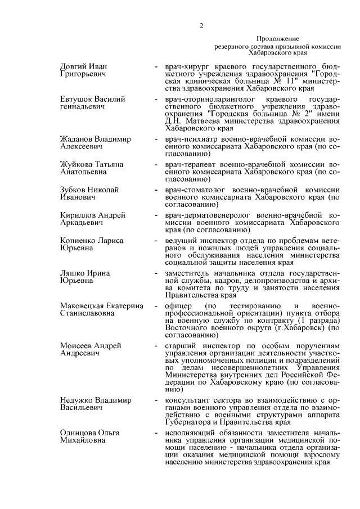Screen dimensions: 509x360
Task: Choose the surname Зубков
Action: point(74,190)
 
